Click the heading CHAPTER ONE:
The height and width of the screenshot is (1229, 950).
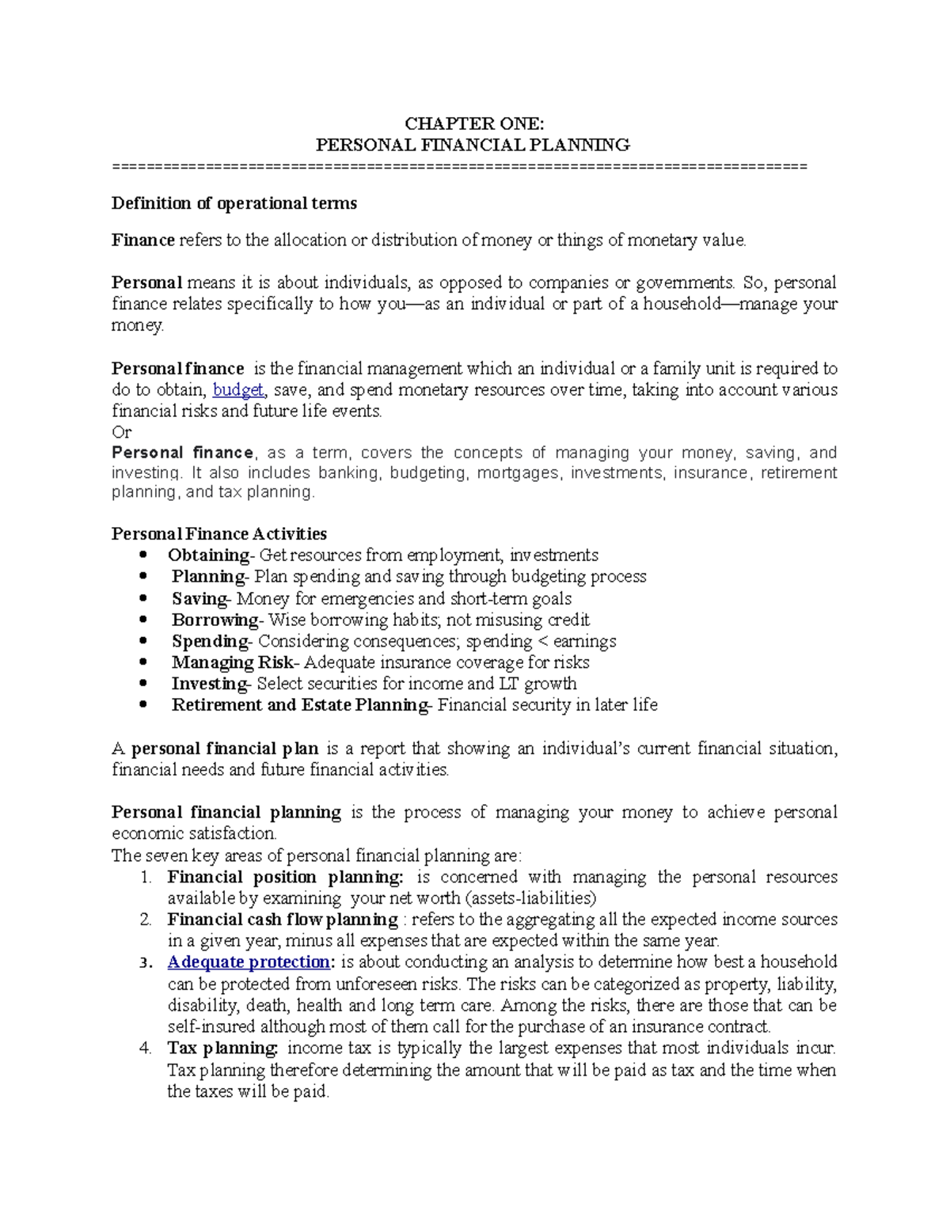[x=473, y=123]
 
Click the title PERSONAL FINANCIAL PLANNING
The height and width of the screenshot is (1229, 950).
[x=473, y=145]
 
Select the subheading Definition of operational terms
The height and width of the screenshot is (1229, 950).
[x=234, y=203]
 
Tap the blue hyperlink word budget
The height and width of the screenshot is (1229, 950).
[x=238, y=390]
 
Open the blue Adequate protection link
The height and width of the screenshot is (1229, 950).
[x=249, y=962]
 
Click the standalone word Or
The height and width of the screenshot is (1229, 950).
[x=121, y=432]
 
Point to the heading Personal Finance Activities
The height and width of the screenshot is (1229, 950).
[x=218, y=534]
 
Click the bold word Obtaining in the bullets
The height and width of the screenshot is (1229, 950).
[x=208, y=556]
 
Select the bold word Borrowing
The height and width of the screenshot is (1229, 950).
[x=215, y=620]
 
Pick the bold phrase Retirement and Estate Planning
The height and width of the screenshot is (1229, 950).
[x=299, y=705]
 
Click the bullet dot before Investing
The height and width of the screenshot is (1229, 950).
[x=143, y=684]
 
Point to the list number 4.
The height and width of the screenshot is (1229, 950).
[x=145, y=1049]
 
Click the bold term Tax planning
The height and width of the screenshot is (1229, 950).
[x=222, y=1049]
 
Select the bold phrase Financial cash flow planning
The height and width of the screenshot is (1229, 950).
[x=282, y=920]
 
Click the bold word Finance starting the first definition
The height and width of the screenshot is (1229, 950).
[x=142, y=241]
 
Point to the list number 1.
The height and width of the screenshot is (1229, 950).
[x=145, y=877]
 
